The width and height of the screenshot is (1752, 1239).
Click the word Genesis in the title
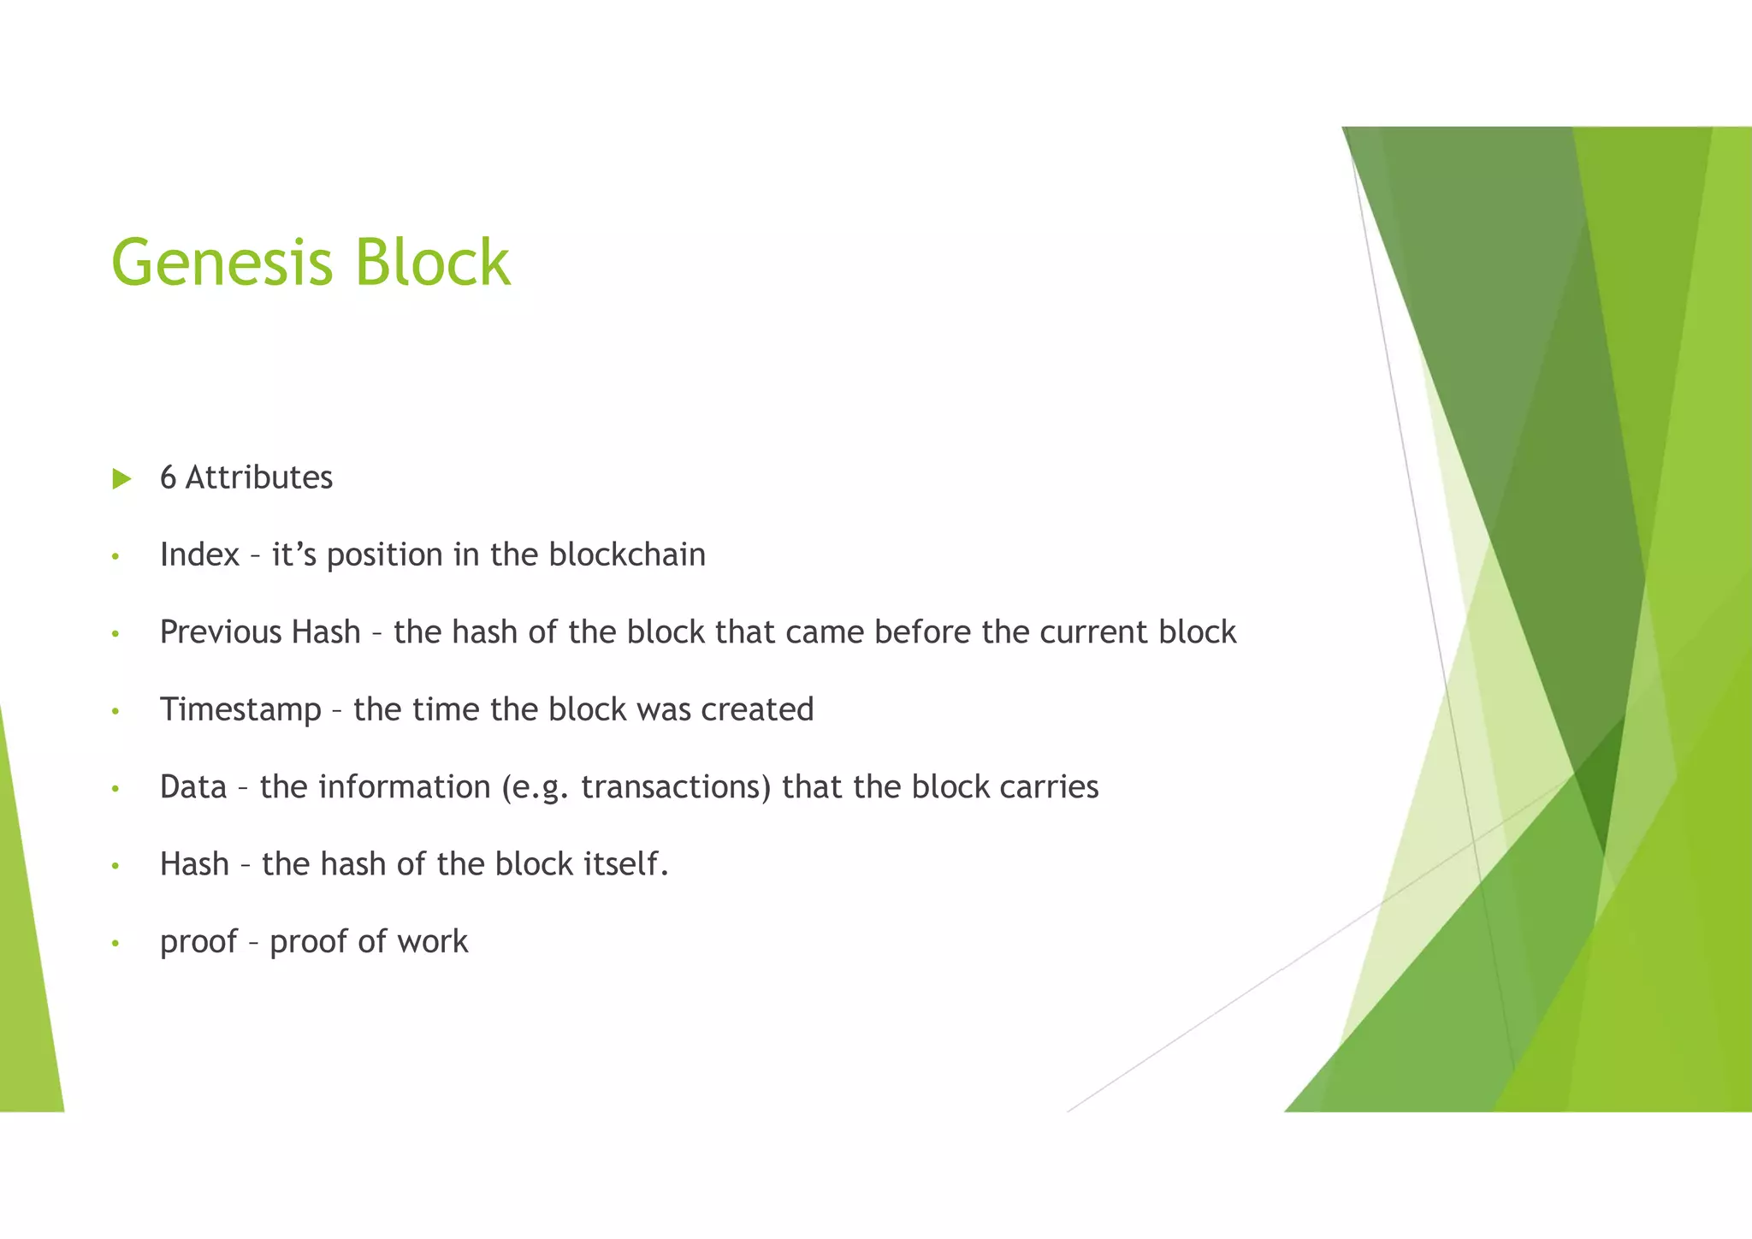pyautogui.click(x=222, y=263)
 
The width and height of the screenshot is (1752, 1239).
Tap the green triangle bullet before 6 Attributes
pyautogui.click(x=121, y=478)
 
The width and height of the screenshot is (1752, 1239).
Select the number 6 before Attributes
pyautogui.click(x=168, y=477)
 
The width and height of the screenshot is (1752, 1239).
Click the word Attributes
pyautogui.click(x=258, y=477)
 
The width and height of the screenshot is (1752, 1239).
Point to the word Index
pyautogui.click(x=199, y=554)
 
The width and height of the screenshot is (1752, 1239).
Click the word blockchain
pyautogui.click(x=627, y=554)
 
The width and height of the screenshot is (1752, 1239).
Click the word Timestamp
pyautogui.click(x=240, y=709)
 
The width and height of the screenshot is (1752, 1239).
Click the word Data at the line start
pyautogui.click(x=193, y=787)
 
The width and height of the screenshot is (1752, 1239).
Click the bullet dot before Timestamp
pyautogui.click(x=115, y=711)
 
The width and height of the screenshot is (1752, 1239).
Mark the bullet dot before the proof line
pyautogui.click(x=115, y=944)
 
